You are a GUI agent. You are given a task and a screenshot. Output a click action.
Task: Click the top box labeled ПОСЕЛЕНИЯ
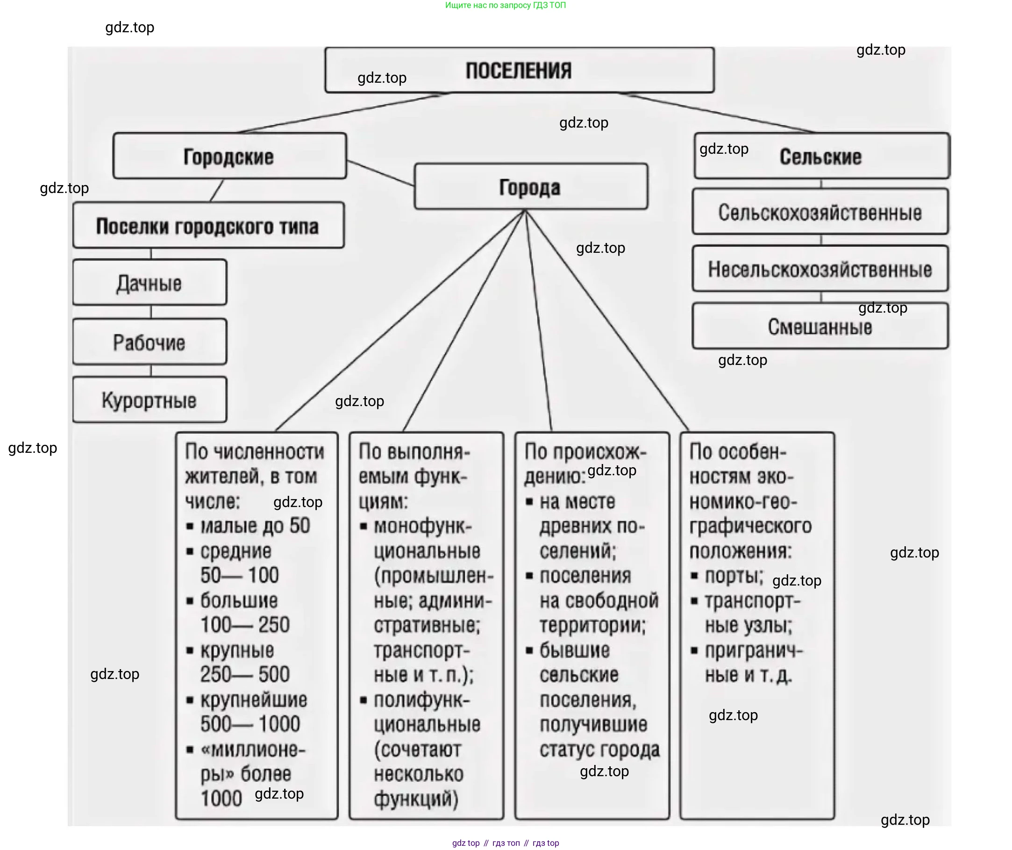(x=519, y=71)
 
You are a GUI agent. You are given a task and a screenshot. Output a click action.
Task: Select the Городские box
(x=229, y=157)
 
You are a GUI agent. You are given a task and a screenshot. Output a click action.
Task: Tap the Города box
(x=531, y=187)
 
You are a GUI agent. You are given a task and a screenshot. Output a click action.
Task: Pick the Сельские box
(x=821, y=157)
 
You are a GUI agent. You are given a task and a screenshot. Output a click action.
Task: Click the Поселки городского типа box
(x=208, y=226)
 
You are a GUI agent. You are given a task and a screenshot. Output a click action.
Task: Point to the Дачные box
(x=150, y=283)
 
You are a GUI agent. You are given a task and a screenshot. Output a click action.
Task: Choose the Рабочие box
(x=150, y=342)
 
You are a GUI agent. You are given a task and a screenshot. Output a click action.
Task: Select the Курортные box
(x=150, y=400)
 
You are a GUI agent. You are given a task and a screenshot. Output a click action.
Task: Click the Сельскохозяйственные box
(x=820, y=212)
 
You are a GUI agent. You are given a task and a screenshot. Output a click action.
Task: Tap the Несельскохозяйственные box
(x=820, y=269)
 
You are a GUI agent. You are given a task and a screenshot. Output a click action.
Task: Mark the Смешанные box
(x=820, y=326)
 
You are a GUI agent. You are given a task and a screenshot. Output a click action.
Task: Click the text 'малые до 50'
(x=255, y=526)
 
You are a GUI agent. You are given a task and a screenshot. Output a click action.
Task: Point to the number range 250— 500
(x=245, y=674)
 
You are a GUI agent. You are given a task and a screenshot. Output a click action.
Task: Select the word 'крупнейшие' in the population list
(x=254, y=699)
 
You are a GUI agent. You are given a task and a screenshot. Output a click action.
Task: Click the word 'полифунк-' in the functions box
(x=421, y=700)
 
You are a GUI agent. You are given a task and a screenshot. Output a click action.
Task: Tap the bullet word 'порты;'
(x=734, y=576)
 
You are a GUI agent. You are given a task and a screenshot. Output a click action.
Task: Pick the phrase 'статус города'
(x=599, y=749)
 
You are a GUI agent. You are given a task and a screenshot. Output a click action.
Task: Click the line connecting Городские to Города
(x=380, y=173)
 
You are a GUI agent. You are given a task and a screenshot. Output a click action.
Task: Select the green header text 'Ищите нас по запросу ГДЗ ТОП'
(x=506, y=5)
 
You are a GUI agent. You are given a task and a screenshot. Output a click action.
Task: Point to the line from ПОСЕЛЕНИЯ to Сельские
(x=718, y=113)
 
